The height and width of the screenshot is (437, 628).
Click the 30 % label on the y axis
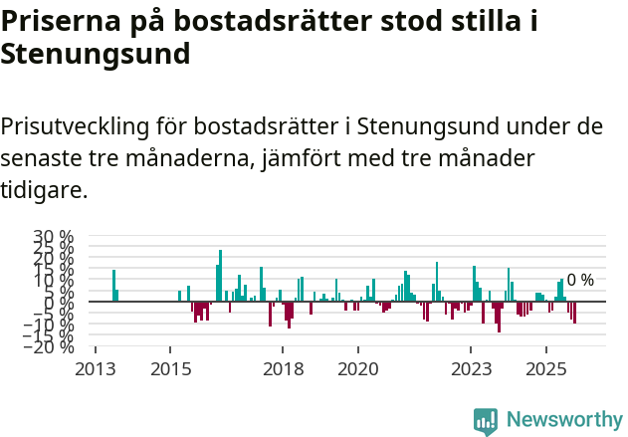pyautogui.click(x=54, y=237)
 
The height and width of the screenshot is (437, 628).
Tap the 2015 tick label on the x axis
pyautogui.click(x=170, y=369)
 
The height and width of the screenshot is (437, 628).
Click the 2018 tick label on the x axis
pyautogui.click(x=283, y=369)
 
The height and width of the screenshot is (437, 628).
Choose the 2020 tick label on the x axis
pyautogui.click(x=357, y=369)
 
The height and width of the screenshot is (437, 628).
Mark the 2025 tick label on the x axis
pyautogui.click(x=545, y=369)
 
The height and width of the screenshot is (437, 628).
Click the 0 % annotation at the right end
pyautogui.click(x=580, y=281)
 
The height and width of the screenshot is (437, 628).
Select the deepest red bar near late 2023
pyautogui.click(x=499, y=317)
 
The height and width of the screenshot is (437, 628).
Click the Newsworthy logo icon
pyautogui.click(x=486, y=421)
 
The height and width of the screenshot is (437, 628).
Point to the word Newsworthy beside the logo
pyautogui.click(x=563, y=421)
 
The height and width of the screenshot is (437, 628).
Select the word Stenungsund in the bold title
pyautogui.click(x=95, y=55)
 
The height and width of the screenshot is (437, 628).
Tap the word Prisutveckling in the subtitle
pyautogui.click(x=78, y=126)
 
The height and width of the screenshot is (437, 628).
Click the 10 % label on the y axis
pyautogui.click(x=54, y=280)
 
